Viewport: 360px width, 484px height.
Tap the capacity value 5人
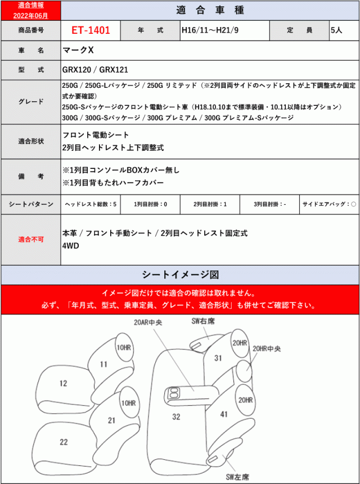point(336,30)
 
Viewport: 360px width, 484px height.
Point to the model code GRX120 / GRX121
point(96,70)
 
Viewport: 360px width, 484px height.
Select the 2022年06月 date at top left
point(29,16)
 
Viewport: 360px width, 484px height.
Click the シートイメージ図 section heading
point(180,275)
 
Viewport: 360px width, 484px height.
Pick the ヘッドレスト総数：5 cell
point(91,204)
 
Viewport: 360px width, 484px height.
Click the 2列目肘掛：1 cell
point(210,204)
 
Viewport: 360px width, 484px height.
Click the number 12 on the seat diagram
point(63,383)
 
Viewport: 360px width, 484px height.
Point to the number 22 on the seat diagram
point(64,442)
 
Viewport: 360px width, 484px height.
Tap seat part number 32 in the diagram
point(176,416)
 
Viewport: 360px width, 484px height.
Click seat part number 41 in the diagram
point(224,414)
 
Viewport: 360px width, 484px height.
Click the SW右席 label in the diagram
point(203,321)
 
